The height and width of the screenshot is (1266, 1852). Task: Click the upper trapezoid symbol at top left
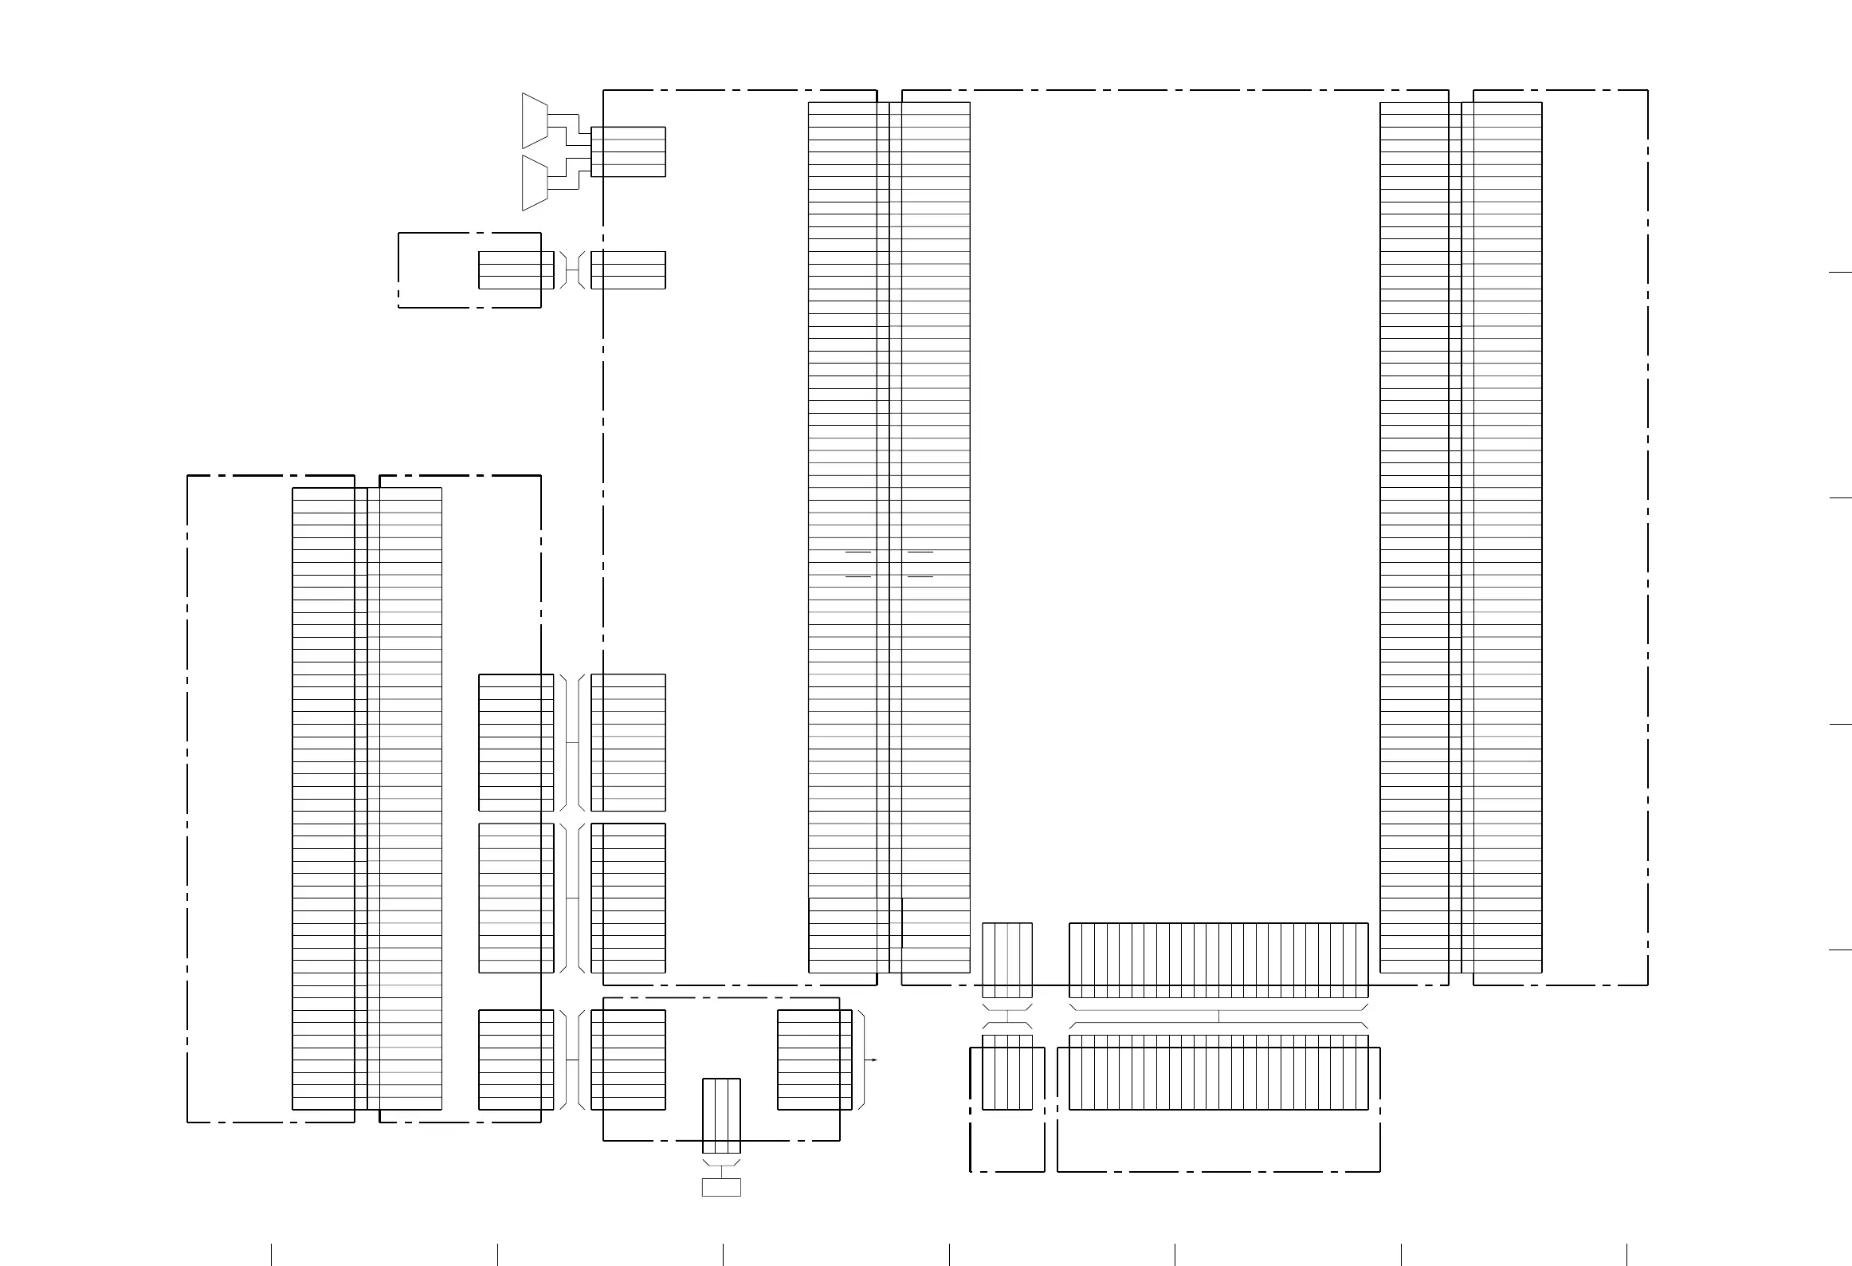(x=535, y=120)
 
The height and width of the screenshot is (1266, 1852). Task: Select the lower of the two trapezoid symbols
(x=535, y=183)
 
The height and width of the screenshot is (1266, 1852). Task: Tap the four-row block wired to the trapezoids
(x=628, y=151)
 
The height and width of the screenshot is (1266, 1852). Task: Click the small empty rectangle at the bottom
(x=721, y=1187)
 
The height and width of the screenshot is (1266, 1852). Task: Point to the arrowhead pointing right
(x=874, y=1060)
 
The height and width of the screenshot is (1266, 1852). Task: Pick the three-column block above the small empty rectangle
(x=721, y=1115)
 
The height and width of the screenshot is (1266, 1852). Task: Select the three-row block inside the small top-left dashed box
(x=516, y=270)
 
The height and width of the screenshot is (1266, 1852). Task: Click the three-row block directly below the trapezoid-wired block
(x=628, y=270)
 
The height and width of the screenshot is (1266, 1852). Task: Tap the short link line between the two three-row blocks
(x=571, y=270)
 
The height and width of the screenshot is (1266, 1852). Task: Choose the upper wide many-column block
(x=1218, y=960)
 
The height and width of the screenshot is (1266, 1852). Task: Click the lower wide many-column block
(x=1218, y=1072)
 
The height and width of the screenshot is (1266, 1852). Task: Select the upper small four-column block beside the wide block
(x=1007, y=960)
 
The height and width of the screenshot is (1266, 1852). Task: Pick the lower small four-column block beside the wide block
(x=1007, y=1072)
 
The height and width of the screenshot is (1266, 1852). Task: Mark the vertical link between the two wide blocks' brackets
(x=1218, y=1016)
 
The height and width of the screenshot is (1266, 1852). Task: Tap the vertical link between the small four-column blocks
(x=1007, y=1016)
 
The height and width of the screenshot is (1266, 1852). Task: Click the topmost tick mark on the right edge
(x=1839, y=273)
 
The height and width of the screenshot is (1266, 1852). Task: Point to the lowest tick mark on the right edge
(x=1839, y=950)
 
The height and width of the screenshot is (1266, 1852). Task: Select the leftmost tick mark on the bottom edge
(x=272, y=1254)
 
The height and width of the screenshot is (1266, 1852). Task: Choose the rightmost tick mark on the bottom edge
(x=1626, y=1254)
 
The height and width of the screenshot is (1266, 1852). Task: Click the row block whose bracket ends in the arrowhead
(x=814, y=1060)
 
